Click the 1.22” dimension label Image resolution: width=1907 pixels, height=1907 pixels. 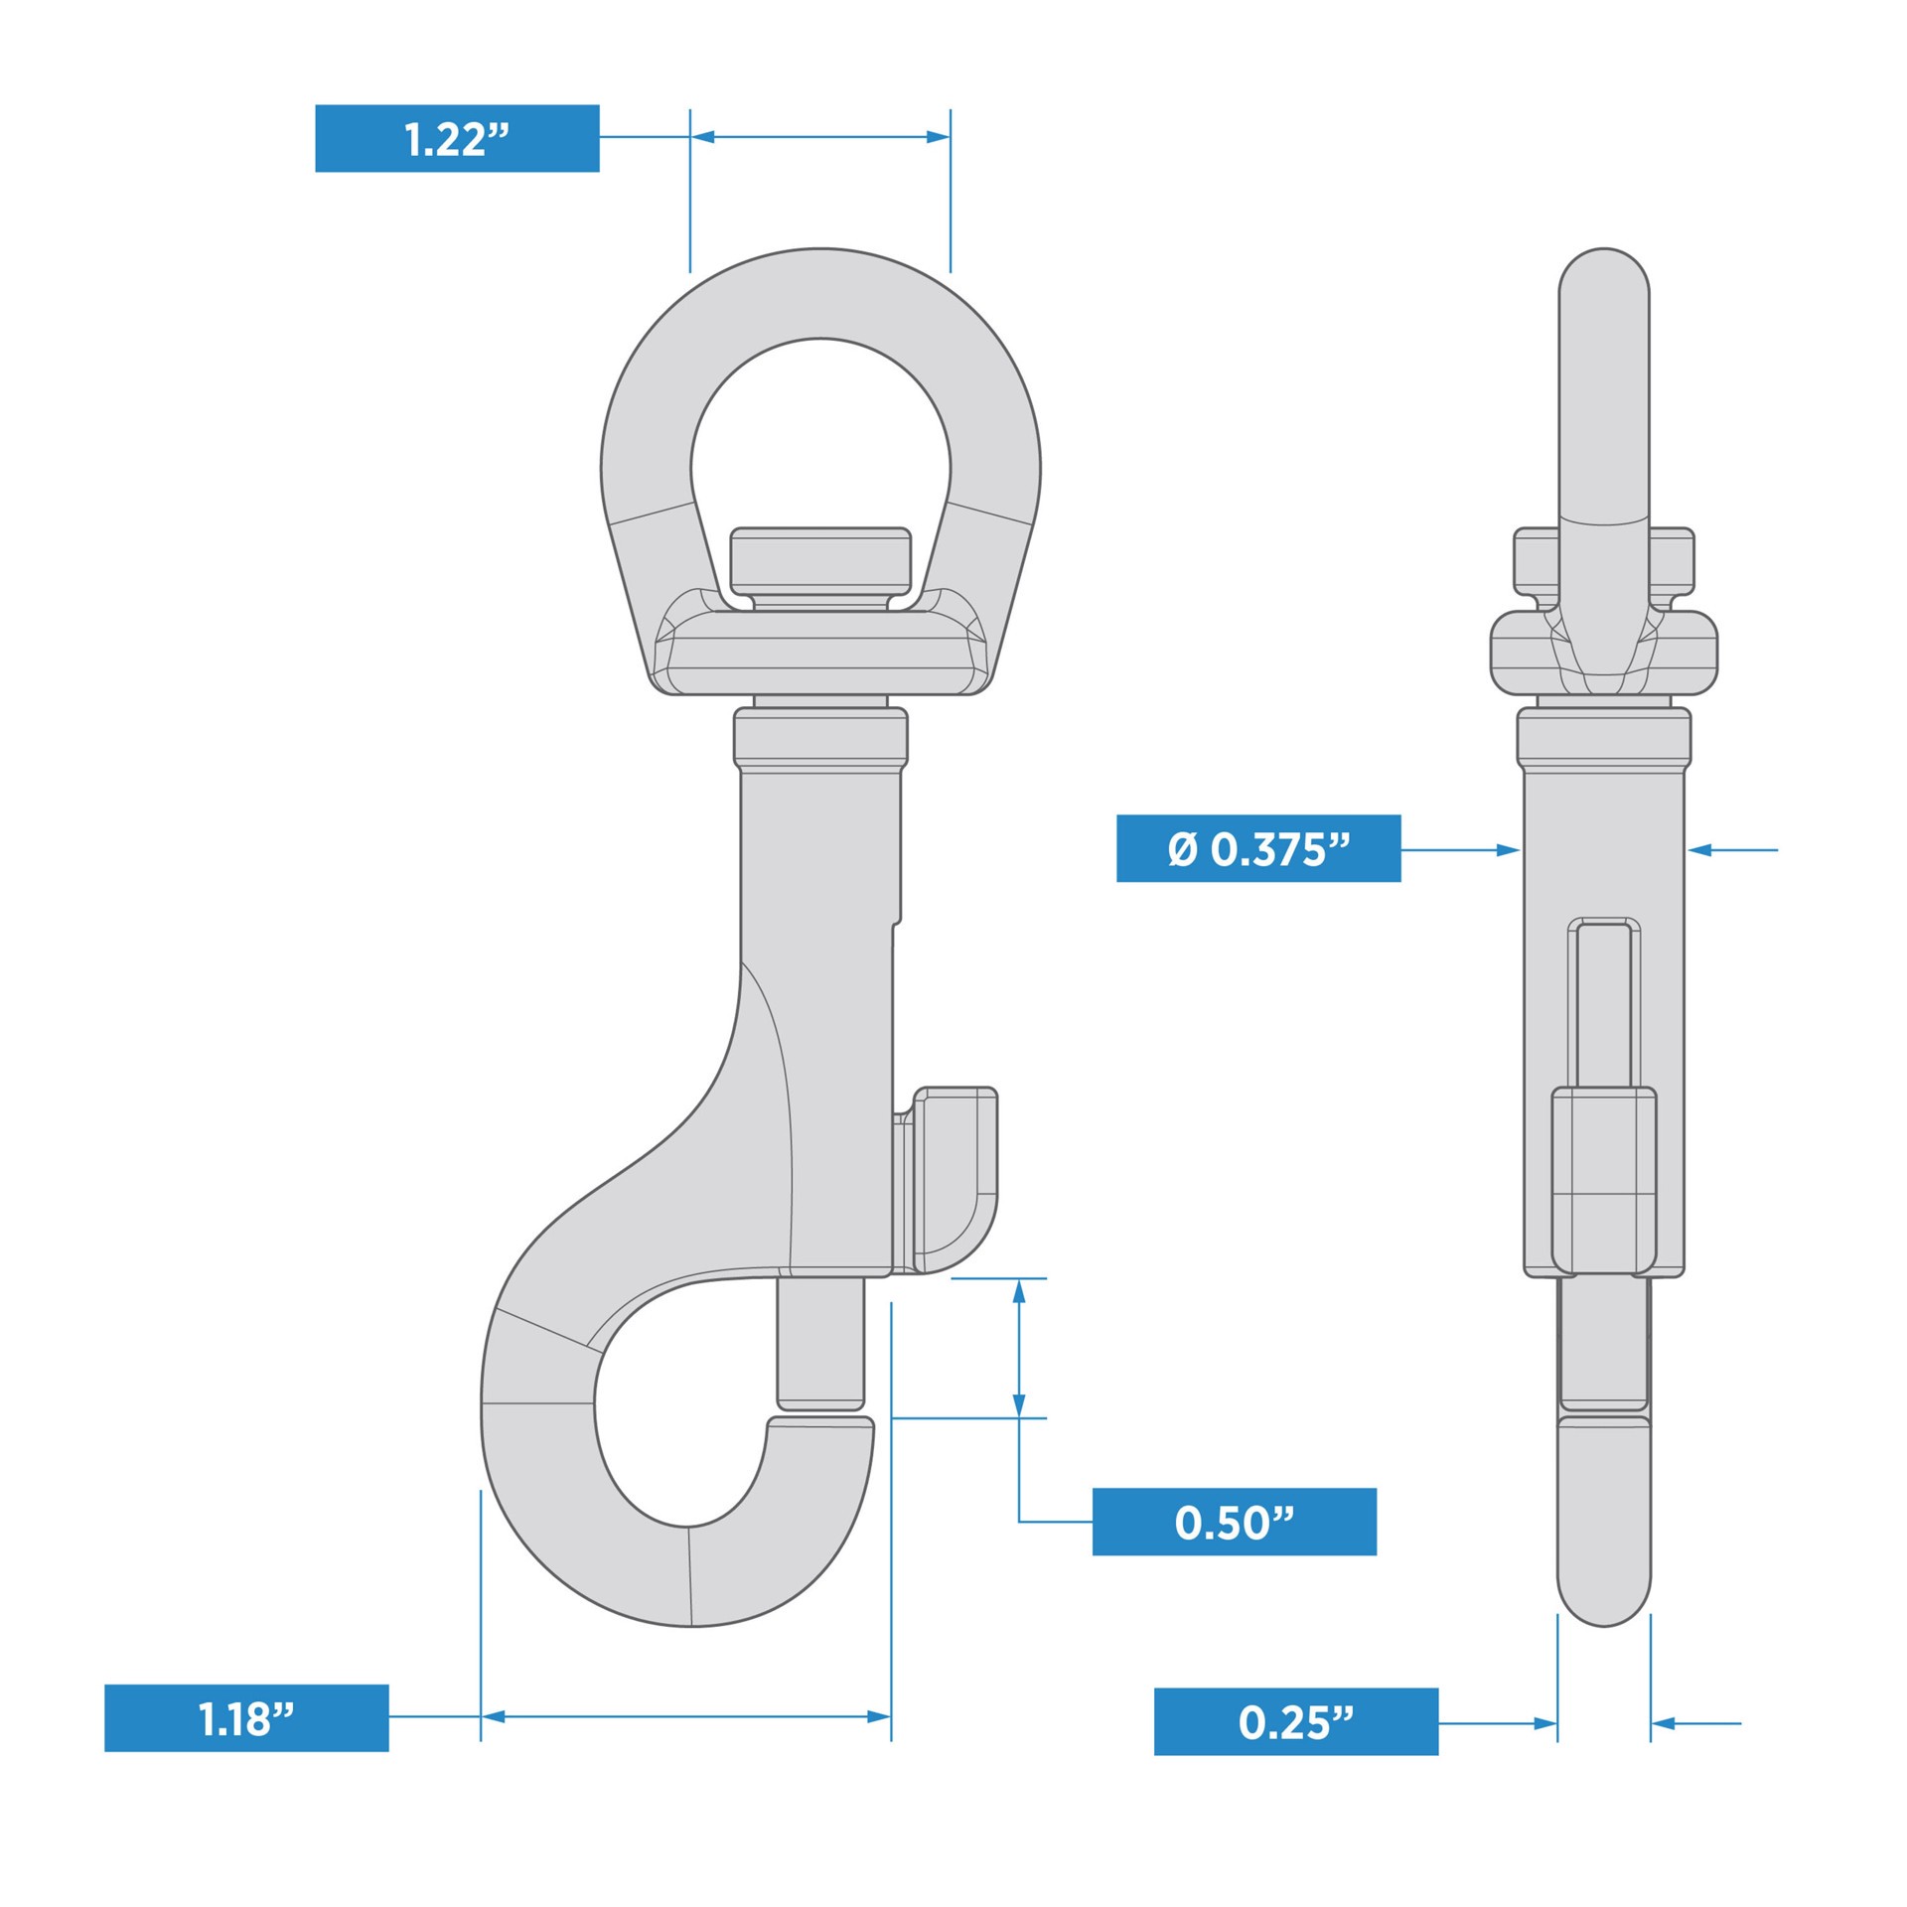tap(457, 138)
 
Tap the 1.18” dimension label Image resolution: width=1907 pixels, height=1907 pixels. tap(246, 1718)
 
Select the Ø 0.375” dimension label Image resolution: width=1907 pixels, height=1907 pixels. tap(1258, 848)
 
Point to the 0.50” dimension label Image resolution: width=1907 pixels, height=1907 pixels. tap(1234, 1522)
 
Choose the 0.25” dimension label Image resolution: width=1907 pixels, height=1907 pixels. tap(1295, 1722)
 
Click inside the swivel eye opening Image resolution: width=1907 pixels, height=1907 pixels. tap(820, 437)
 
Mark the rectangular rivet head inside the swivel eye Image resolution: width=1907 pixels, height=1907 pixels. tap(820, 560)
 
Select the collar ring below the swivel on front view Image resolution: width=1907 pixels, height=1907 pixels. tap(820, 737)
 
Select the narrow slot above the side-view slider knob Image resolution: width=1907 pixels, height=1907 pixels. tap(1604, 1003)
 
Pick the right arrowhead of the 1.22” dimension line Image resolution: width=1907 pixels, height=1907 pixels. tap(938, 137)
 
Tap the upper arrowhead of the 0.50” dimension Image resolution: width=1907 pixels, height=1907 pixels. tap(1018, 1291)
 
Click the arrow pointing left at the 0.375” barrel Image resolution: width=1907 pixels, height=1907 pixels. tap(1699, 849)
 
